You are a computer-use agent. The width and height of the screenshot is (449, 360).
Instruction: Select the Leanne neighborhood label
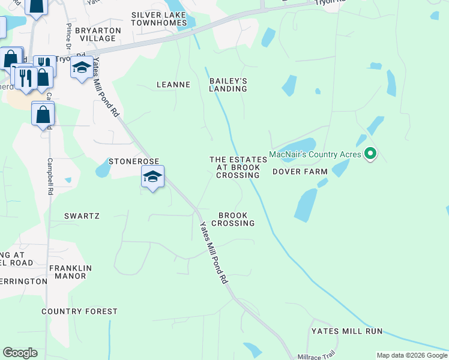(x=173, y=85)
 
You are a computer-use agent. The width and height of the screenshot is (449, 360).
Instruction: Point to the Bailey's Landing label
(x=228, y=85)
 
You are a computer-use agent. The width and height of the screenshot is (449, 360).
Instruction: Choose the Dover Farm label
(x=300, y=172)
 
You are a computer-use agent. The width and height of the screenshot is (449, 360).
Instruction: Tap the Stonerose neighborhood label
(x=133, y=161)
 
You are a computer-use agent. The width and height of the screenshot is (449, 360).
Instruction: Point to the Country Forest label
(x=79, y=311)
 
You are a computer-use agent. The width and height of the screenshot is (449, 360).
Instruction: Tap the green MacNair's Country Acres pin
(x=370, y=154)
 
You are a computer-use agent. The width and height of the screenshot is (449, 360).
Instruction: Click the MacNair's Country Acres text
(x=315, y=154)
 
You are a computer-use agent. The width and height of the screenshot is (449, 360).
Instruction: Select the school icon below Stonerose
(x=152, y=178)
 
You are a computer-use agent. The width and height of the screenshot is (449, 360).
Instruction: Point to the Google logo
(x=20, y=353)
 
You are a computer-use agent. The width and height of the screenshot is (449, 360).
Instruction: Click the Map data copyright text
(x=411, y=355)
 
